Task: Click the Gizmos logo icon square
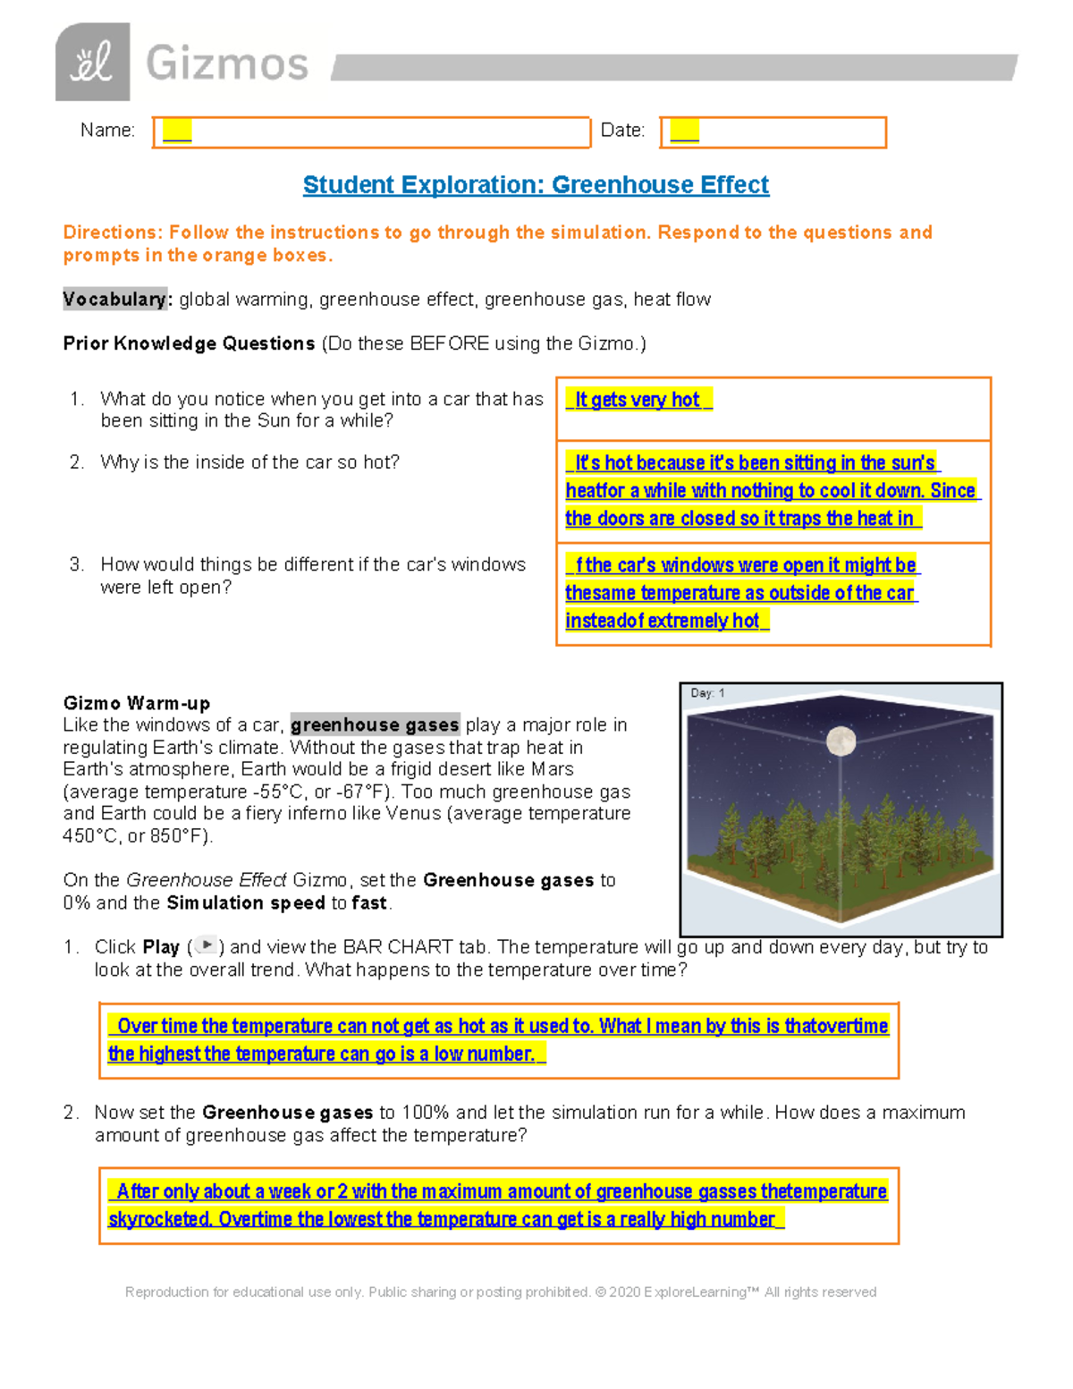pyautogui.click(x=92, y=62)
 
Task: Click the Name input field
pyautogui.click(x=371, y=132)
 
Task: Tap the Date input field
pyautogui.click(x=773, y=132)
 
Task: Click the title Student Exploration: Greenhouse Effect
pyautogui.click(x=536, y=185)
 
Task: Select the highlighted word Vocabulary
pyautogui.click(x=114, y=299)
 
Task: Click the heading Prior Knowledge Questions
pyautogui.click(x=189, y=343)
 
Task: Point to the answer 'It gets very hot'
pyautogui.click(x=638, y=400)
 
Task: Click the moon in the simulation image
pyautogui.click(x=841, y=741)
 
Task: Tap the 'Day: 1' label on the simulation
pyautogui.click(x=707, y=693)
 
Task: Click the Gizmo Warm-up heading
pyautogui.click(x=137, y=703)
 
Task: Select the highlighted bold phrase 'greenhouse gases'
pyautogui.click(x=375, y=724)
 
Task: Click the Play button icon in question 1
pyautogui.click(x=207, y=945)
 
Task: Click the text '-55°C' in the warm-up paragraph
pyautogui.click(x=277, y=792)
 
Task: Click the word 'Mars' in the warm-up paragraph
pyautogui.click(x=553, y=769)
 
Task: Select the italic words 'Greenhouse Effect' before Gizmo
pyautogui.click(x=207, y=880)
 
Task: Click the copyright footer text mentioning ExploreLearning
pyautogui.click(x=501, y=1292)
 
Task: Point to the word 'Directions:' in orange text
pyautogui.click(x=113, y=233)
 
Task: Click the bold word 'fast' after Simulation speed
pyautogui.click(x=369, y=902)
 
